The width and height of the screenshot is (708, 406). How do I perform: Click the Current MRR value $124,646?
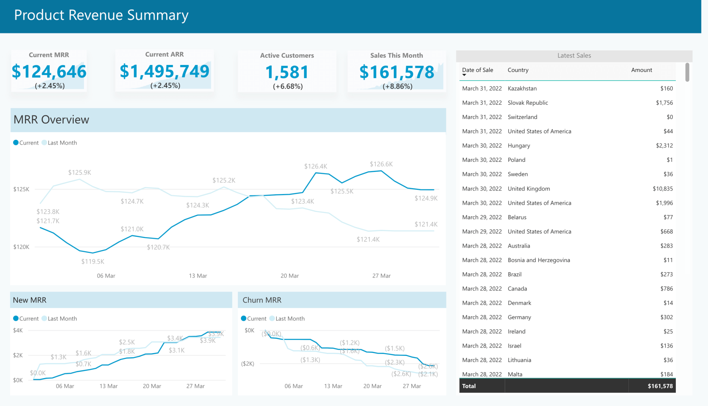click(49, 72)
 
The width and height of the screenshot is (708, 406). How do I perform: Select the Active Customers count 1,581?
click(287, 72)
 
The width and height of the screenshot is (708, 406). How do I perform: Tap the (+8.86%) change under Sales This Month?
click(397, 86)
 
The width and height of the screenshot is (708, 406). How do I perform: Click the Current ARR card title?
click(164, 54)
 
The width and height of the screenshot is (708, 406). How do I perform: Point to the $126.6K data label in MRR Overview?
click(381, 164)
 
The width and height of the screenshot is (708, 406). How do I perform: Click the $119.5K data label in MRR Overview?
click(93, 261)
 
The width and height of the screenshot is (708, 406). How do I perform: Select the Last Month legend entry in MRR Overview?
click(62, 143)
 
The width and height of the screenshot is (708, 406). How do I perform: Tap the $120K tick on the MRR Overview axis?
click(21, 247)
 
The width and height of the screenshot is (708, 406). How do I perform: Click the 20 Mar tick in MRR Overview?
click(289, 276)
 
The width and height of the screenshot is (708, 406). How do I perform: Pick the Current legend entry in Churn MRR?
click(256, 319)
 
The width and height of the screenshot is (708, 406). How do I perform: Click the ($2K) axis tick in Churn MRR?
click(248, 364)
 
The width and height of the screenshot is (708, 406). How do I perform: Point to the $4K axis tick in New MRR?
click(18, 330)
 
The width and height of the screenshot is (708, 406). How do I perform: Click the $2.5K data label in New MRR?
click(127, 342)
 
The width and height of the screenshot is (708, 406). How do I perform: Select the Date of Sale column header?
click(477, 70)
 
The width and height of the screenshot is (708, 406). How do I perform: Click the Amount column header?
click(641, 70)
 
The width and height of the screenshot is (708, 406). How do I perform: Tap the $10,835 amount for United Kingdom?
click(662, 188)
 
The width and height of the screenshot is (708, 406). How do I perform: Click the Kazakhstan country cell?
click(522, 89)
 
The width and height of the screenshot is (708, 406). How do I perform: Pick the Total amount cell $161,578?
click(660, 386)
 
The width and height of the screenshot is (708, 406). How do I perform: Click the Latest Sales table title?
click(574, 55)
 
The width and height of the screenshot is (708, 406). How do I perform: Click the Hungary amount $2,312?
click(664, 146)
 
